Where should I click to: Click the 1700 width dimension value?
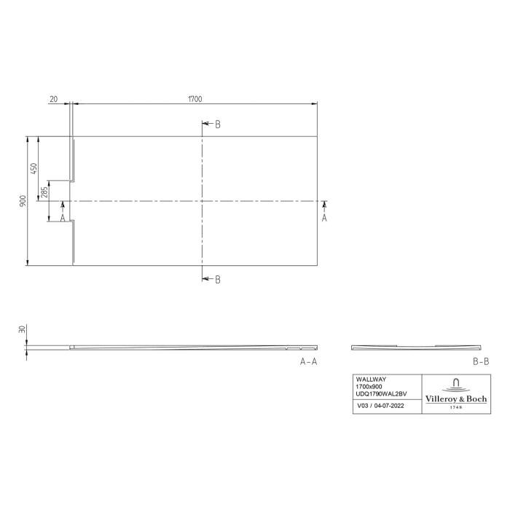point(195,99)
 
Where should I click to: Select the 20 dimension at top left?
point(54,99)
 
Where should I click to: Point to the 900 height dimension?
point(23,200)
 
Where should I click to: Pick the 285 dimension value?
point(45,192)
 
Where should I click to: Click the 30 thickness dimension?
point(23,330)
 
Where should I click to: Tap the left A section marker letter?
point(63,217)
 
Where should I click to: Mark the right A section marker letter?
point(324,217)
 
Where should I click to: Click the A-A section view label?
point(308,361)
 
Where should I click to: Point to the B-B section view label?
point(480,361)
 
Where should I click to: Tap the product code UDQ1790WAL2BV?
point(380,394)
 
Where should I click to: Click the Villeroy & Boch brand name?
point(456,398)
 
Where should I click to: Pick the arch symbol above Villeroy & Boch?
point(456,383)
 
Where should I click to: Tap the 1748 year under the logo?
point(456,407)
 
